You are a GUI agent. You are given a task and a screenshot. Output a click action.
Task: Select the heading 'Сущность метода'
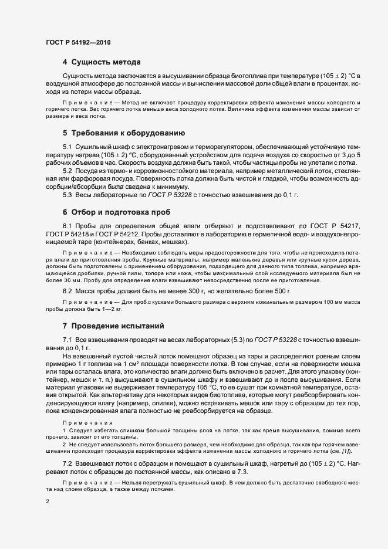pos(104,62)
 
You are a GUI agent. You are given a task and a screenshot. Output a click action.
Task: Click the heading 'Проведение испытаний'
pos(117,326)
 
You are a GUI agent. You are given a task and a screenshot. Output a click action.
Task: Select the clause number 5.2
pos(68,171)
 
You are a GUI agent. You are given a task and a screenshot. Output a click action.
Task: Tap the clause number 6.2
pos(68,291)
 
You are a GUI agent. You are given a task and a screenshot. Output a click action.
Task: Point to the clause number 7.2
pos(68,463)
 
